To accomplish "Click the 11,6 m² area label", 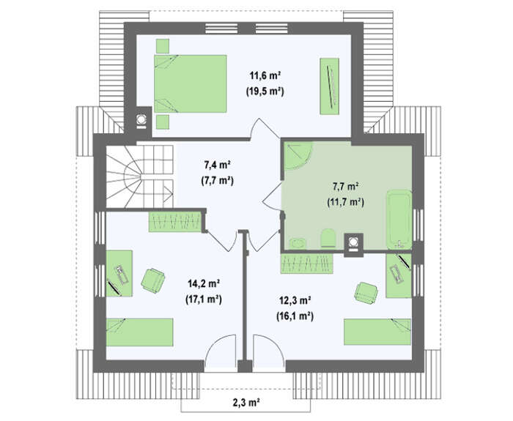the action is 265,76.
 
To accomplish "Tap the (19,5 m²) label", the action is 265,92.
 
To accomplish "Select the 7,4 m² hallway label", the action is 217,165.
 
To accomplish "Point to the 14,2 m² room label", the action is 204,283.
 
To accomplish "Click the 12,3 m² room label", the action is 295,300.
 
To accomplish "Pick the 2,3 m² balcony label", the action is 246,402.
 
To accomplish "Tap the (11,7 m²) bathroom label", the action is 345,202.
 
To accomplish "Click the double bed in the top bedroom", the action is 190,83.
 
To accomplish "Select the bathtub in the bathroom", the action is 399,220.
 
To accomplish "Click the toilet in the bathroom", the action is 328,238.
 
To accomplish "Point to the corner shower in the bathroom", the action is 297,155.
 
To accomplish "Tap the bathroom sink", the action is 298,243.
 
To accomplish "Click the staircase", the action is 140,176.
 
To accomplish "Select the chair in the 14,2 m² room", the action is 152,280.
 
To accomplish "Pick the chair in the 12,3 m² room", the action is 366,293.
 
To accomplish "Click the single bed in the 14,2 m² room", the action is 140,332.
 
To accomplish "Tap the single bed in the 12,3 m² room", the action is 377,332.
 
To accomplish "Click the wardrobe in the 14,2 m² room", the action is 175,222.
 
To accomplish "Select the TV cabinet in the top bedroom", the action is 329,86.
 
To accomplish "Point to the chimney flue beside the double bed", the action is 141,119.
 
